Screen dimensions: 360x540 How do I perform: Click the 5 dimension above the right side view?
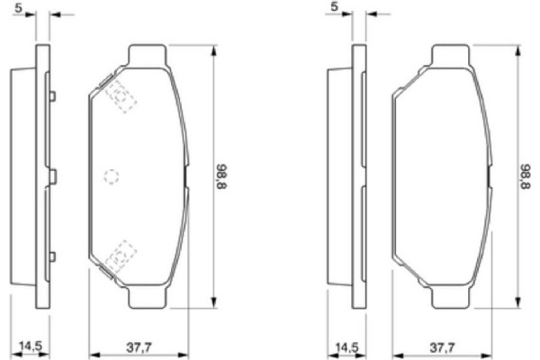pyautogui.click(x=336, y=7)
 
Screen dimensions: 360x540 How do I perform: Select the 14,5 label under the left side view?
pyautogui.click(x=31, y=345)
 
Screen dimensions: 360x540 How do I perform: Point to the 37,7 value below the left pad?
pyautogui.click(x=136, y=345)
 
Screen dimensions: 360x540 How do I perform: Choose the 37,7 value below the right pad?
pyautogui.click(x=442, y=345)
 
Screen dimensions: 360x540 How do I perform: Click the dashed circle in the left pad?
pyautogui.click(x=112, y=176)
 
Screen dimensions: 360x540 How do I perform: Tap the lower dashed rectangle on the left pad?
pyautogui.click(x=121, y=256)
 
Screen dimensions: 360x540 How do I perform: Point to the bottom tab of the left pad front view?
pyautogui.click(x=149, y=296)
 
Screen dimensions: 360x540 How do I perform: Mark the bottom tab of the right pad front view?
pyautogui.click(x=454, y=296)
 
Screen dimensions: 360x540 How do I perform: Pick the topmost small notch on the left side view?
pyautogui.click(x=53, y=96)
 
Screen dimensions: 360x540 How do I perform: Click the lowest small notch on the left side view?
pyautogui.click(x=53, y=256)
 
